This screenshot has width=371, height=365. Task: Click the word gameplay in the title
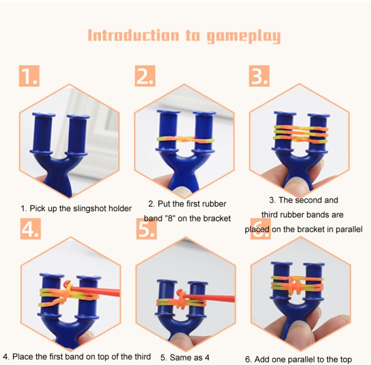(x=244, y=36)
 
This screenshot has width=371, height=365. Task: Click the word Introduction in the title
(x=133, y=36)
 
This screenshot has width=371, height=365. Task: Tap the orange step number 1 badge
(x=29, y=76)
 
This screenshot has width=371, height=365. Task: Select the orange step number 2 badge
(x=145, y=76)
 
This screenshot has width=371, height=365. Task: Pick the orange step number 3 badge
(x=259, y=76)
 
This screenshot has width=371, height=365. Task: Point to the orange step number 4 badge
(x=31, y=229)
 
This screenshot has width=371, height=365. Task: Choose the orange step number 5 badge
(x=146, y=229)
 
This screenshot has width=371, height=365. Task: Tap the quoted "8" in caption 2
(x=170, y=218)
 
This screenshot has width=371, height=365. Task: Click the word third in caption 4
(x=142, y=357)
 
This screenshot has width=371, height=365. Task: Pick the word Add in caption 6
(x=261, y=360)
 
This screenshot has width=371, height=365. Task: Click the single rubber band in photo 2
(x=185, y=139)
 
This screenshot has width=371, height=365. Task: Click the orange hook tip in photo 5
(x=179, y=291)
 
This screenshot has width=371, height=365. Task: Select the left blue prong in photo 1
(x=43, y=134)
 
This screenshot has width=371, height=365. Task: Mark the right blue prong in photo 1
(x=77, y=135)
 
